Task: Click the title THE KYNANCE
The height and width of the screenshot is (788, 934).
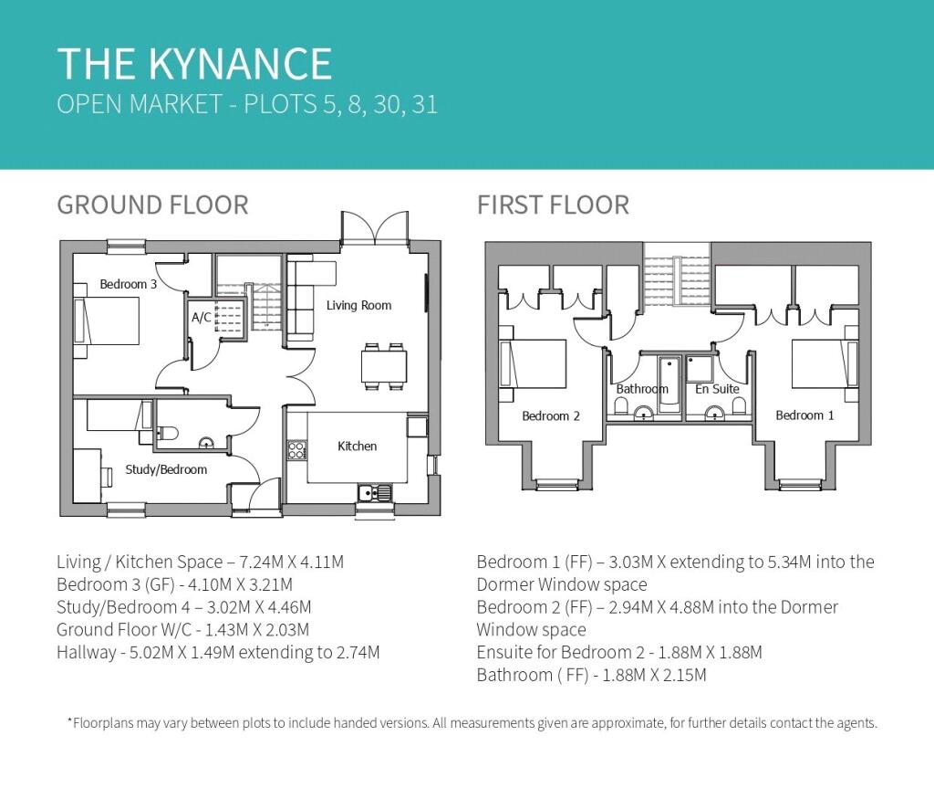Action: pos(195,63)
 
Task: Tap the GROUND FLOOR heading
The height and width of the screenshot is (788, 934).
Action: pos(152,205)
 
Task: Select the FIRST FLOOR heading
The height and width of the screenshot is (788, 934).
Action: pos(553,205)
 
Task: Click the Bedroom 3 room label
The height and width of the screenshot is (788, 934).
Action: pos(128,284)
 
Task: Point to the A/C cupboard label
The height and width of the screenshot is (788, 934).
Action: pos(202,318)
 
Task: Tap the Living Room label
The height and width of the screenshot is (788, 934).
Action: pos(358,305)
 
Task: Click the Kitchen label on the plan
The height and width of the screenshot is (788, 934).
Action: pos(357,447)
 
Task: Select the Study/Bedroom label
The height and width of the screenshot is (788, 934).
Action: pos(166,469)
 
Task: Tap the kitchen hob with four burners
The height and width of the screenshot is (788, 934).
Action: pos(296,450)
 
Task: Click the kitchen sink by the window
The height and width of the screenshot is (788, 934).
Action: pos(375,493)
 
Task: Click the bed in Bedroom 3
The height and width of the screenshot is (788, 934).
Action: pos(108,320)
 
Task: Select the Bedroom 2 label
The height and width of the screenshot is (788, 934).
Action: pos(551,415)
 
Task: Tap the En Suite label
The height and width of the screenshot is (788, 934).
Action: pos(717,389)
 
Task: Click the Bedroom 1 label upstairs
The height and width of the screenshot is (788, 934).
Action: pos(804,415)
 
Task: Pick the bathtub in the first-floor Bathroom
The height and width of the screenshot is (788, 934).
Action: pos(669,384)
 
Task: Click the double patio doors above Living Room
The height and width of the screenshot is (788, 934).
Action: pos(375,227)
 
